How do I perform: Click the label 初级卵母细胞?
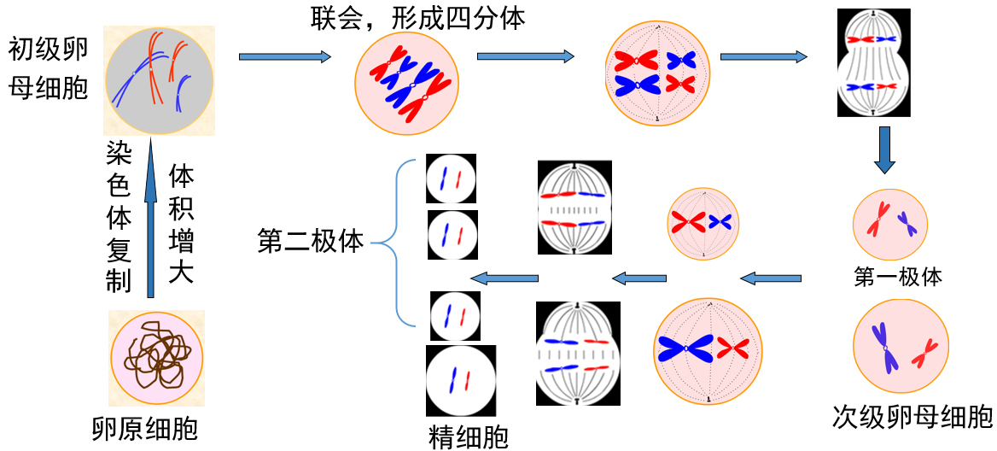pos(49,68)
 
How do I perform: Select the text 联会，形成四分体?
pos(418,18)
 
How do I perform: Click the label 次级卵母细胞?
pos(912,417)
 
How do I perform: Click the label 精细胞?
pos(469,437)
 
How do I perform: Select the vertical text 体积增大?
pos(181,224)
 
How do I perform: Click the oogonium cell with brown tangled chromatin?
pos(156,357)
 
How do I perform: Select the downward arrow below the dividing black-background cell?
pos(884,150)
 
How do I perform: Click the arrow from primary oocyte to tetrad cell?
pos(284,57)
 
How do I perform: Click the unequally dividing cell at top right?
pos(874,61)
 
